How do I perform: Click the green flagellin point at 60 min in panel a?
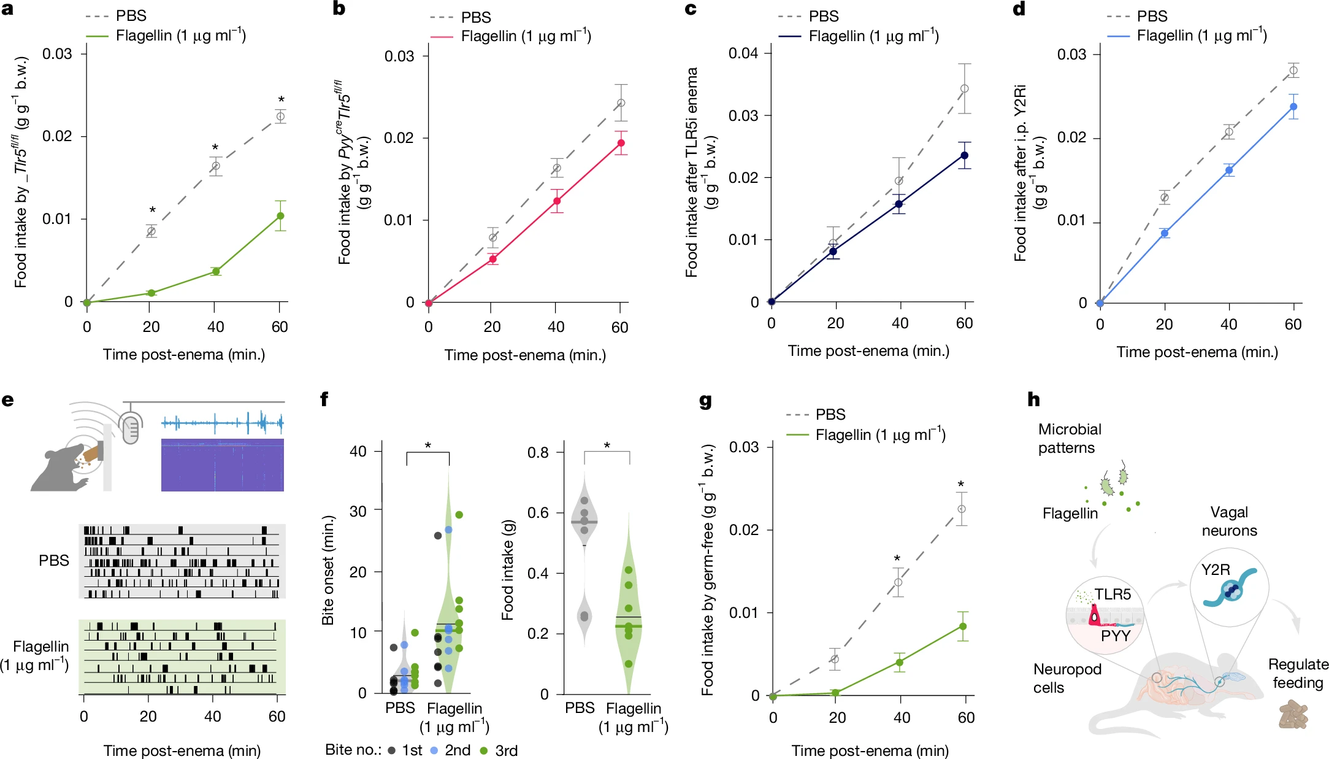click(x=280, y=216)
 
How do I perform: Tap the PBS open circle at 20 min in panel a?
click(x=151, y=231)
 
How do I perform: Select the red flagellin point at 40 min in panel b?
click(x=557, y=201)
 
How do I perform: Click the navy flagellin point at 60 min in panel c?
click(x=965, y=155)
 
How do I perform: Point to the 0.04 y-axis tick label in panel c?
click(x=743, y=53)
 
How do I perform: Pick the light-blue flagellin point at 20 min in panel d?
click(x=1165, y=233)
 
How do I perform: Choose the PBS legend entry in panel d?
click(x=1151, y=16)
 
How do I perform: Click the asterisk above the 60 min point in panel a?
click(x=282, y=100)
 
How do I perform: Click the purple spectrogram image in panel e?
click(x=222, y=464)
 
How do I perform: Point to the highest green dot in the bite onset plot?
click(x=459, y=515)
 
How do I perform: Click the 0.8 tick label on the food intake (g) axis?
click(x=538, y=453)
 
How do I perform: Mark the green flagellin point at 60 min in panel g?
click(x=963, y=626)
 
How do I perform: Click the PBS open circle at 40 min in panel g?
click(x=898, y=582)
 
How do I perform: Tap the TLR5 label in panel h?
click(x=1113, y=594)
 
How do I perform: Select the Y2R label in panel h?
click(x=1216, y=569)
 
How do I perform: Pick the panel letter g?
click(x=705, y=401)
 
